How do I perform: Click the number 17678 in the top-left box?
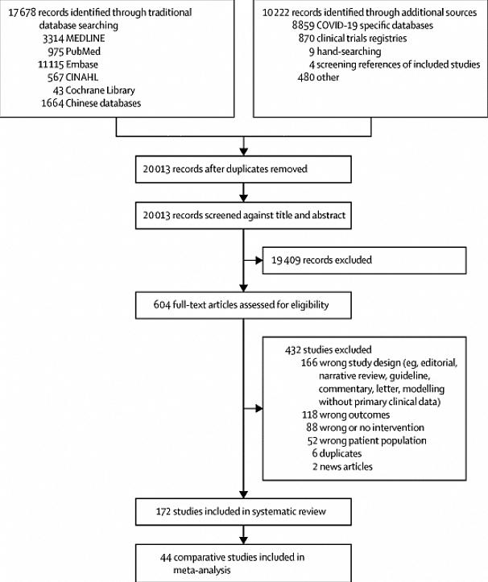point(22,13)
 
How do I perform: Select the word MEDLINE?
point(85,39)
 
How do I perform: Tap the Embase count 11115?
point(51,64)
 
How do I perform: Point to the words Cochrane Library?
point(101,90)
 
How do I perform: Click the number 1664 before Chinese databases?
point(52,103)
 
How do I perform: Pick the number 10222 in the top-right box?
point(276,13)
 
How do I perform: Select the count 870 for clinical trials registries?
point(306,39)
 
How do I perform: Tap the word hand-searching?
point(349,52)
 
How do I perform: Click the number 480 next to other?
point(306,77)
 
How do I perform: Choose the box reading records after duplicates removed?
point(243,169)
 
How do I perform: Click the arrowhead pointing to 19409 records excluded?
point(259,261)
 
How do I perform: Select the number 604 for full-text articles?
point(162,305)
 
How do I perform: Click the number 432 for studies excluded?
point(293,350)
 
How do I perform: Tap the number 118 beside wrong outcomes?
point(310,415)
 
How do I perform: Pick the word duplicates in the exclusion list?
point(341,453)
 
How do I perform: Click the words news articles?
point(346,467)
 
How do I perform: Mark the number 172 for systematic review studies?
point(163,512)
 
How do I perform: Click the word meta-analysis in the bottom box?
point(202,571)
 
